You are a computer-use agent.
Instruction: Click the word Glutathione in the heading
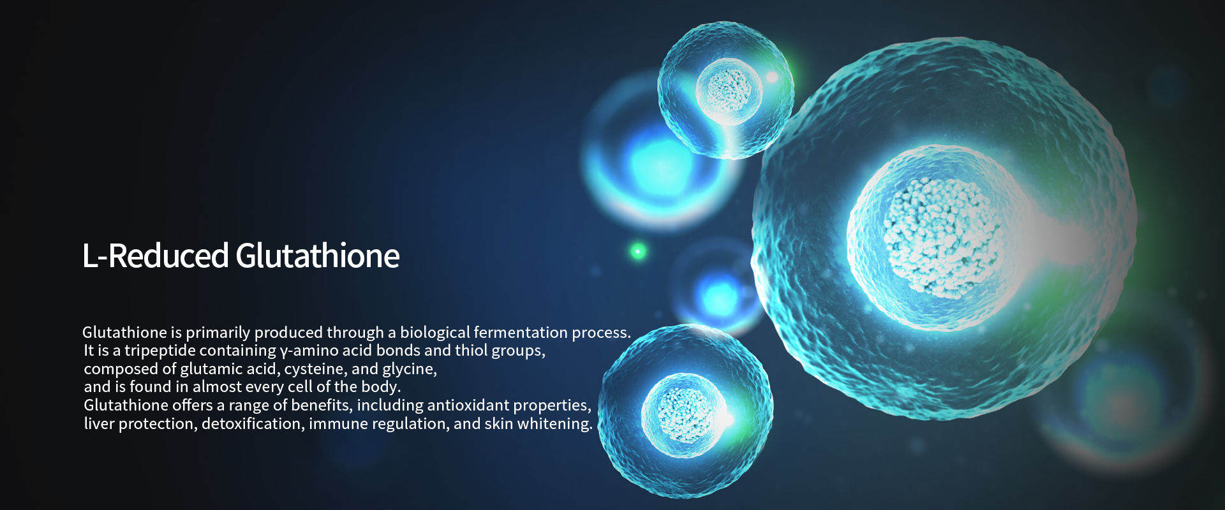point(317,256)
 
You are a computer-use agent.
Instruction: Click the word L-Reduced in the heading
point(155,256)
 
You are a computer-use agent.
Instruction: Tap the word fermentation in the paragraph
point(520,333)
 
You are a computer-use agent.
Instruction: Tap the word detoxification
point(252,424)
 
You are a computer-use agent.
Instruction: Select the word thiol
point(471,351)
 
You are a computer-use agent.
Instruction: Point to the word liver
point(99,424)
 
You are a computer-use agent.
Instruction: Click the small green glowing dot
point(637,251)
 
